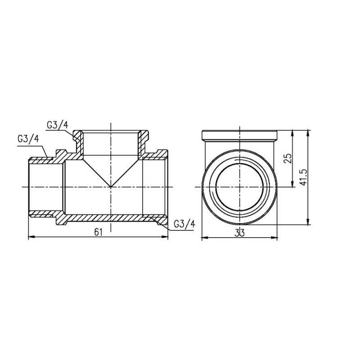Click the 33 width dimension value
point(239,232)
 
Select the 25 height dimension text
point(288,158)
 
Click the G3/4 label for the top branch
point(57,124)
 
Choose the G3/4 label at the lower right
point(183,223)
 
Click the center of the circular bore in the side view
point(239,186)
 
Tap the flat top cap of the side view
point(239,135)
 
